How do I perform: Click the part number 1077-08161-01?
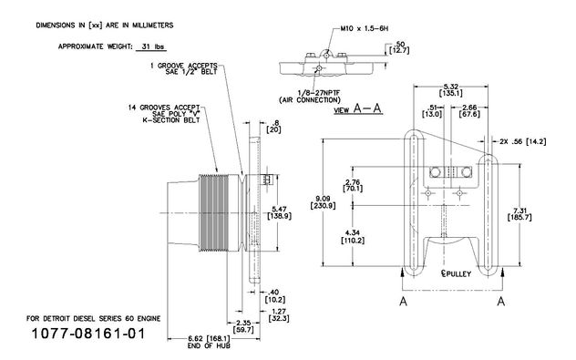(88, 334)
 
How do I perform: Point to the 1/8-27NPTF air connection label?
(310, 97)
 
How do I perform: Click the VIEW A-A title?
(358, 108)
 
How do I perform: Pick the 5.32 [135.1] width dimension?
(451, 90)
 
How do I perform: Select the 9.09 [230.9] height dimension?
(323, 202)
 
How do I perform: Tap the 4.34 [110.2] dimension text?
(353, 237)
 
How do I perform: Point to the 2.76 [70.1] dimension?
(353, 185)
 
